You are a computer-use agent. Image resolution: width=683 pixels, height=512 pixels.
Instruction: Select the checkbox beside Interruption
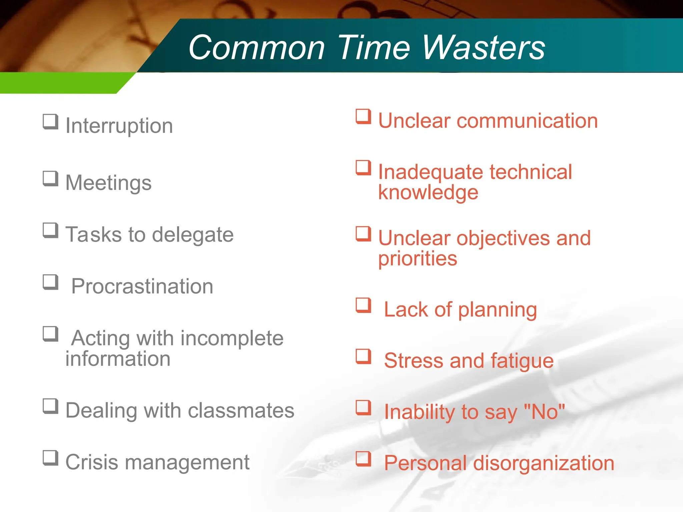tap(50, 122)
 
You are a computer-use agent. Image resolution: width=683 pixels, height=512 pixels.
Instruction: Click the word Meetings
tap(108, 183)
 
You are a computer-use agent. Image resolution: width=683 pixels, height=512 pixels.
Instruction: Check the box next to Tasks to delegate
tap(50, 230)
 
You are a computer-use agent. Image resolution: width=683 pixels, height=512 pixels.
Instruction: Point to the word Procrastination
tap(142, 286)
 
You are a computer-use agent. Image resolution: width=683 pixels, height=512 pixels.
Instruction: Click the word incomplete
tap(232, 338)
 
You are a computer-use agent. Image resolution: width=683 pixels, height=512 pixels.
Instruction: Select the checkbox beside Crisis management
tap(50, 458)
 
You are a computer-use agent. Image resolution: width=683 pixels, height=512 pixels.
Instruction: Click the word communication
tap(527, 121)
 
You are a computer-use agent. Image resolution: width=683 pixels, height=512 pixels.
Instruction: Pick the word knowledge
tap(428, 193)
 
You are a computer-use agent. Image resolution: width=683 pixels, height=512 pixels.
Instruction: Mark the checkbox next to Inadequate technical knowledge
tap(363, 168)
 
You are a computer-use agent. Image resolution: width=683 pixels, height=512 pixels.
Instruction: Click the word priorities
tap(418, 259)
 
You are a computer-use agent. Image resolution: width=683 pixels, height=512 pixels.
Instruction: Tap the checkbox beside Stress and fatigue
tap(363, 356)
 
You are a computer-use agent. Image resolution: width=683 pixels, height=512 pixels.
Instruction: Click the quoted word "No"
tap(544, 412)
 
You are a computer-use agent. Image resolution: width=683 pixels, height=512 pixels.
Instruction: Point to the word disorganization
tap(544, 463)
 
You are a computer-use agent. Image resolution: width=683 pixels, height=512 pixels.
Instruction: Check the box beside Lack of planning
tap(363, 305)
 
